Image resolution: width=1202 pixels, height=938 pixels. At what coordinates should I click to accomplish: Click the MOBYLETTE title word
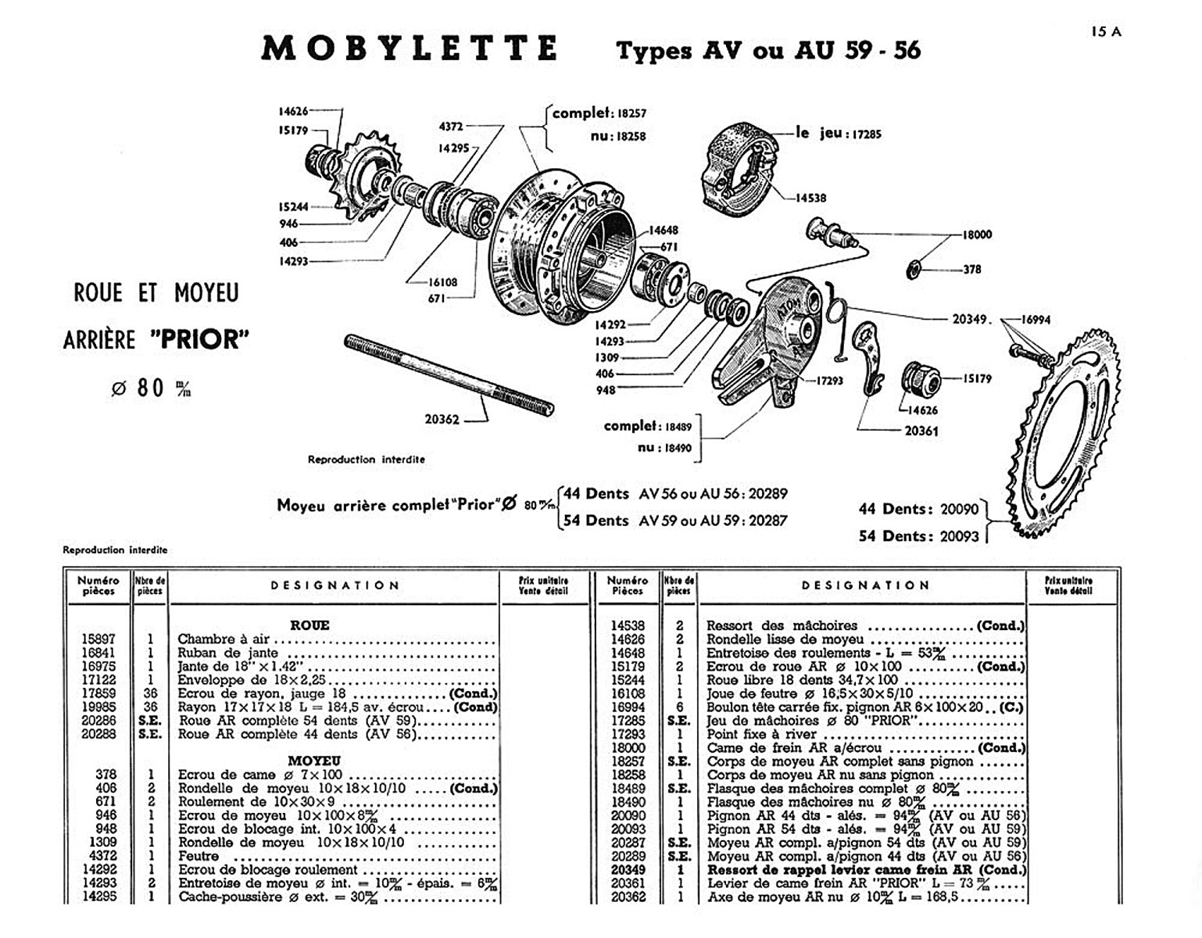[x=410, y=48]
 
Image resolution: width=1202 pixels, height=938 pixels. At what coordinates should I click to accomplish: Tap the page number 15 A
[x=1106, y=31]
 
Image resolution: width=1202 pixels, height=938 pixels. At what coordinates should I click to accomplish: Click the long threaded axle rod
[x=449, y=374]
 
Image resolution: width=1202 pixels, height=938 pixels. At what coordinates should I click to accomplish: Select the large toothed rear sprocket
[x=1063, y=433]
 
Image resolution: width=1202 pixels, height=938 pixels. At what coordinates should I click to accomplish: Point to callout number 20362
[x=442, y=419]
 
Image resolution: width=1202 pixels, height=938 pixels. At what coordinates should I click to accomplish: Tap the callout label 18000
[x=977, y=234]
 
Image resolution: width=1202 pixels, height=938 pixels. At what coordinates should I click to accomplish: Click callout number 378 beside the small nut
[x=972, y=270]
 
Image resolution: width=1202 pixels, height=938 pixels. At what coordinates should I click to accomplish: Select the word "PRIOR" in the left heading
[x=200, y=339]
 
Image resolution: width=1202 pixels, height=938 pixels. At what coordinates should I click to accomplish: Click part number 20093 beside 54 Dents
[x=960, y=536]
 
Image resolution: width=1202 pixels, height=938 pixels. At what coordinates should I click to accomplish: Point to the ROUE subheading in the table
[x=309, y=625]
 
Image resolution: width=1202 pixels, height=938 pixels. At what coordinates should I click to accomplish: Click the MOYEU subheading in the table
[x=313, y=761]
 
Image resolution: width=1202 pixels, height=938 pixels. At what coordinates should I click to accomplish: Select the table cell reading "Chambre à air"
[x=223, y=639]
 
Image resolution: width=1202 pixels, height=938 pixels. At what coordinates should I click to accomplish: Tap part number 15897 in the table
[x=98, y=639]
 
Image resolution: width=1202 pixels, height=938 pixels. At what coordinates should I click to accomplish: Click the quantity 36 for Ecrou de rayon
[x=150, y=693]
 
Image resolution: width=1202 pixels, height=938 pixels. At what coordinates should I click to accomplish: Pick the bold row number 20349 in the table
[x=628, y=869]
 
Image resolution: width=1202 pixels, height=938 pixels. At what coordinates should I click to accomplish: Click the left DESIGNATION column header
[x=334, y=585]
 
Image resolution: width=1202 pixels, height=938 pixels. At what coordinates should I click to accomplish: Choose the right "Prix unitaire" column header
[x=1068, y=585]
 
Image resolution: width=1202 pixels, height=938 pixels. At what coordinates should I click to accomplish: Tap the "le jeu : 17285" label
[x=838, y=134]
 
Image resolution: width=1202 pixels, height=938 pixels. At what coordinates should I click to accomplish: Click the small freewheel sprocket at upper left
[x=367, y=176]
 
